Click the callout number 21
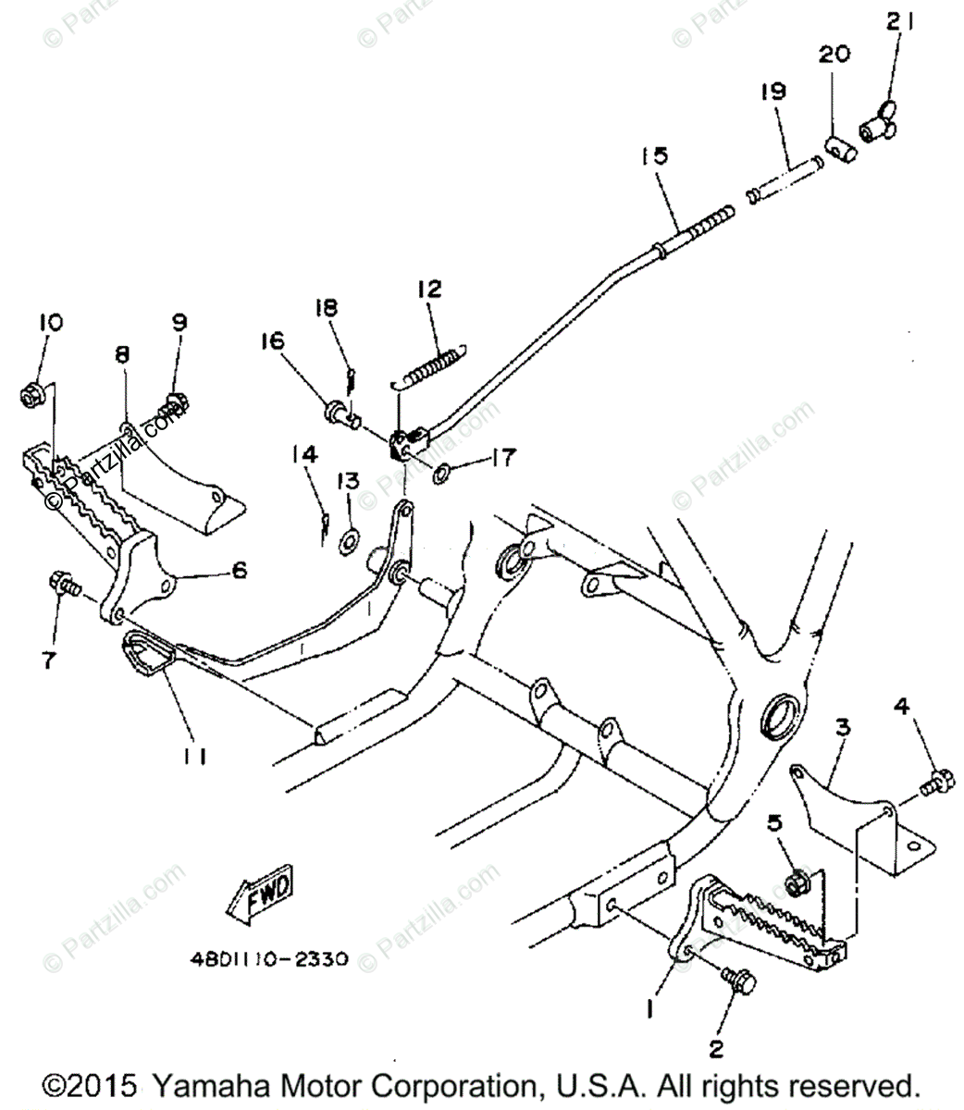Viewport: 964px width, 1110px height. [x=898, y=22]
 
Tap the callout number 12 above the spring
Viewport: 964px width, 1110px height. [x=429, y=290]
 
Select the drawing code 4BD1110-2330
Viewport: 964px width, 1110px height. [x=270, y=958]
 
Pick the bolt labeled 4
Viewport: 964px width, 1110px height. [x=933, y=784]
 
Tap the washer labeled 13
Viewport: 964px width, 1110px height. [x=350, y=540]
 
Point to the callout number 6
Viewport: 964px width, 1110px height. [x=239, y=571]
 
